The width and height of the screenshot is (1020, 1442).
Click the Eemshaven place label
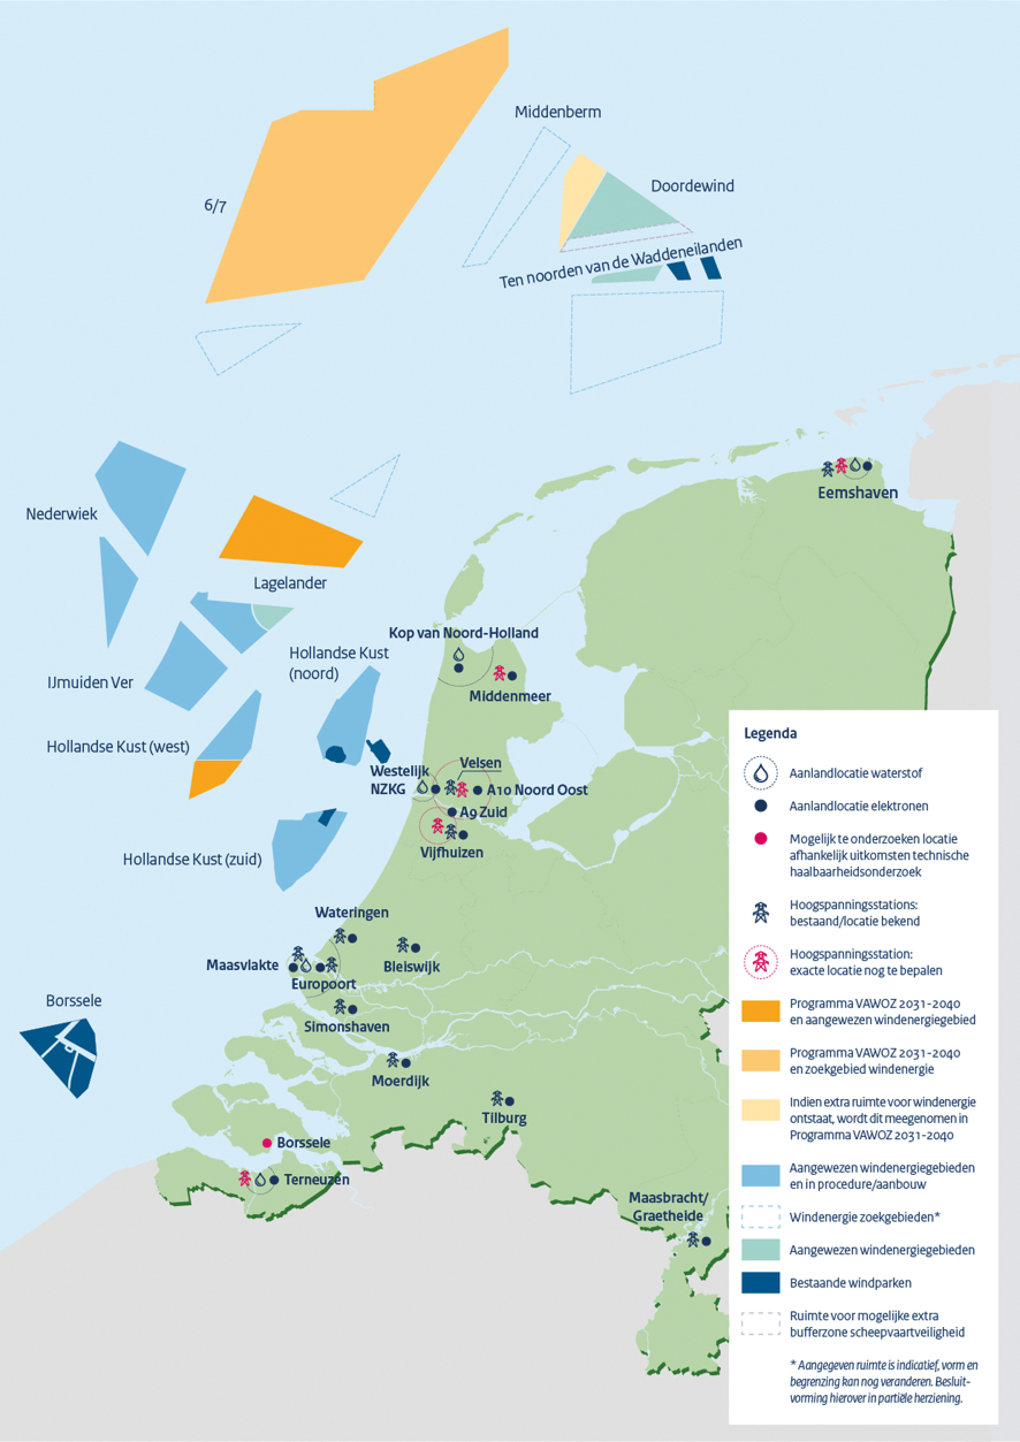pyautogui.click(x=857, y=493)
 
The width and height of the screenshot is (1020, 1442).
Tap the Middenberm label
pyautogui.click(x=558, y=112)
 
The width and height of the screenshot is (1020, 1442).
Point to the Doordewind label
pyautogui.click(x=692, y=186)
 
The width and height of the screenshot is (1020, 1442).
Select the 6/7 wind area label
pyautogui.click(x=215, y=206)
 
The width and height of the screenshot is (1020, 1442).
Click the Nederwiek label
pyautogui.click(x=62, y=514)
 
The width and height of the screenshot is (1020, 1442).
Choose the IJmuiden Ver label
pyautogui.click(x=90, y=682)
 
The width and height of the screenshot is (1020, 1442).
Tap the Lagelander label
pyautogui.click(x=290, y=583)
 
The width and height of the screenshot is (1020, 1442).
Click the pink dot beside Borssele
pyautogui.click(x=267, y=1143)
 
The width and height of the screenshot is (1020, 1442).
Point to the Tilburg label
pyautogui.click(x=504, y=1119)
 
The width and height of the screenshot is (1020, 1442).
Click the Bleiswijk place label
pyautogui.click(x=412, y=967)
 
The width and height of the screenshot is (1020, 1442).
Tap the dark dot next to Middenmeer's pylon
pyautogui.click(x=512, y=676)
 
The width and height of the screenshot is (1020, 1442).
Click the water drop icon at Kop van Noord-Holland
pyautogui.click(x=459, y=654)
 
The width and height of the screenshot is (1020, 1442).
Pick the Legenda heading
pyautogui.click(x=770, y=734)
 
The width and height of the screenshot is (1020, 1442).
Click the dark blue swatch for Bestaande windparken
pyautogui.click(x=760, y=1283)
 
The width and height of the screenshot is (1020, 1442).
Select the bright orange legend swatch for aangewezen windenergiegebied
pyautogui.click(x=760, y=1011)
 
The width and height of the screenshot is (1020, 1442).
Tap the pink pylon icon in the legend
pyautogui.click(x=760, y=962)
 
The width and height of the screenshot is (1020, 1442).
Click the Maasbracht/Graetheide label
pyautogui.click(x=668, y=1207)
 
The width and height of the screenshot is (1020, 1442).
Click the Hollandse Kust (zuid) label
pyautogui.click(x=192, y=860)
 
